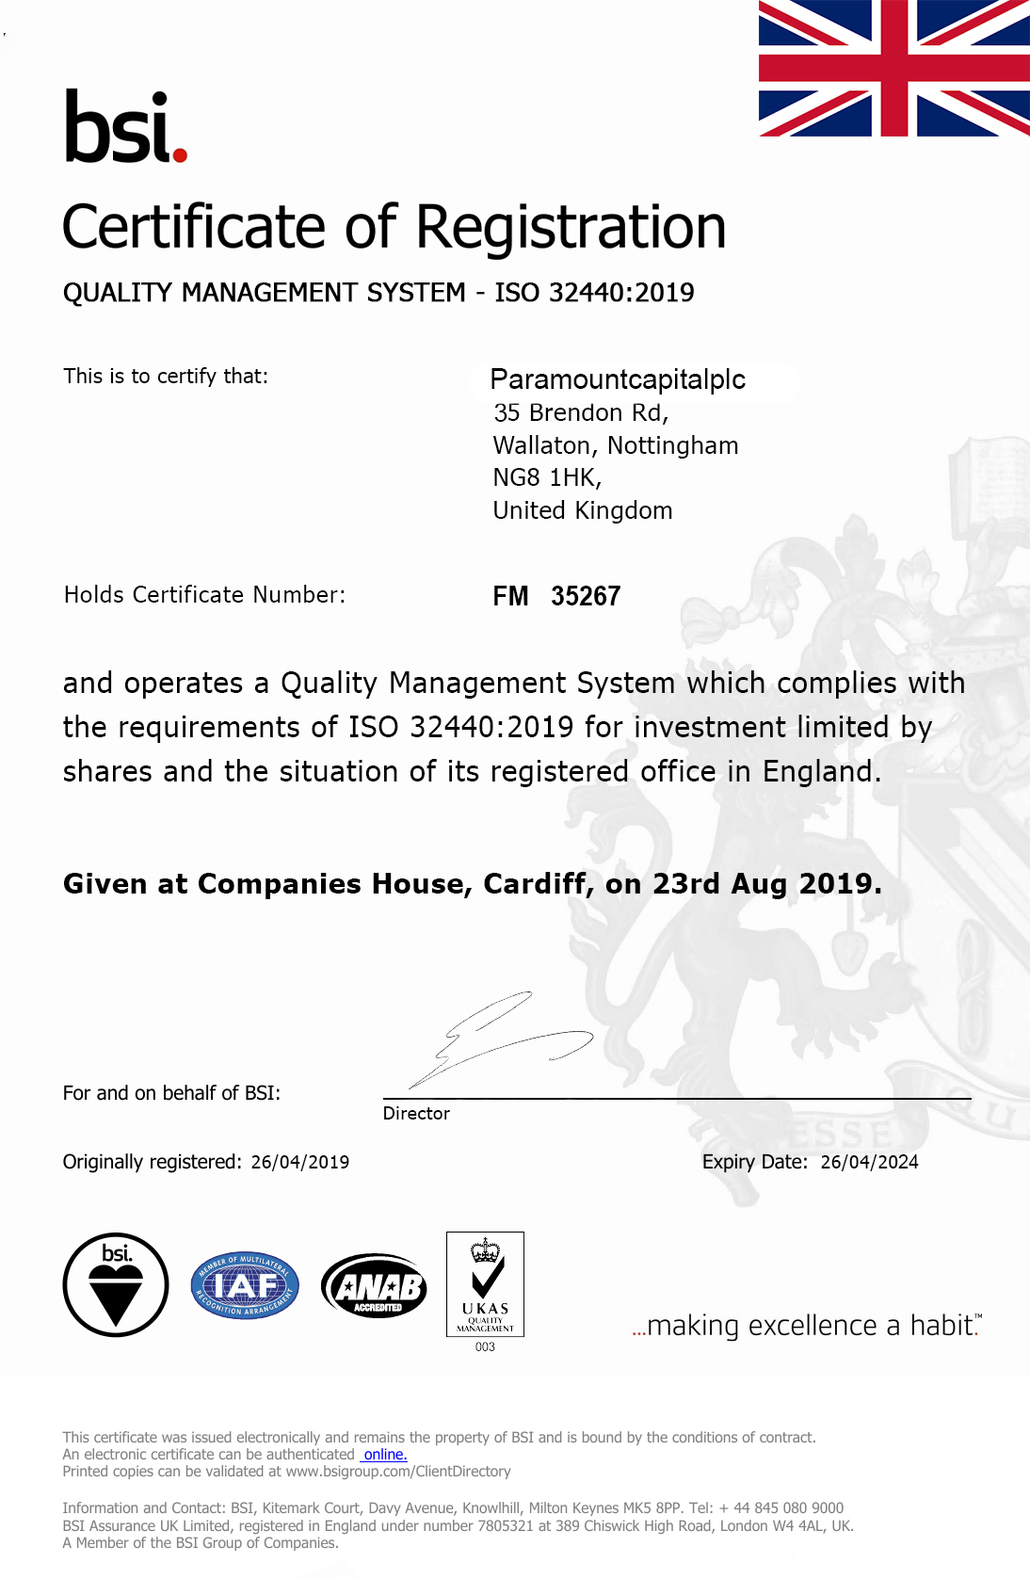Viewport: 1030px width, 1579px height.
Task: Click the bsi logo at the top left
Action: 125,127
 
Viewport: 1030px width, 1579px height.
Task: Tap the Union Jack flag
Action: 893,69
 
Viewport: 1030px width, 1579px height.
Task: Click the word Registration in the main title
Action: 571,228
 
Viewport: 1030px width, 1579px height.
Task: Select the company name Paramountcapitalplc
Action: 618,379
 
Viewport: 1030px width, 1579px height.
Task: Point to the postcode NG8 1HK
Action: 546,478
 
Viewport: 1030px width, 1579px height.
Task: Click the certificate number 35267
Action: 586,596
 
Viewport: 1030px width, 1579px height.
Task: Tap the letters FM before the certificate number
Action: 510,596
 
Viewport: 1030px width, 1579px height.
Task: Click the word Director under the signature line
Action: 416,1113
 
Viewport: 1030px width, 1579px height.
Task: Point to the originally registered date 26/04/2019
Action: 300,1162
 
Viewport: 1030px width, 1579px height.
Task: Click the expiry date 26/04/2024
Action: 869,1162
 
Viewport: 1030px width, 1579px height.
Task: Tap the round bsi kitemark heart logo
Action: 116,1284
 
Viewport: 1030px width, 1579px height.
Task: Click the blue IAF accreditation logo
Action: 245,1285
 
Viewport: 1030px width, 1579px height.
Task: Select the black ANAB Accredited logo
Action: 374,1285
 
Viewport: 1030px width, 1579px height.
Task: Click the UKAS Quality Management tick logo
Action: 485,1283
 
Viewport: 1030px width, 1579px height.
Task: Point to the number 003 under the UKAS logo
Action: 485,1347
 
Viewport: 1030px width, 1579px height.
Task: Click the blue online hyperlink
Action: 385,1455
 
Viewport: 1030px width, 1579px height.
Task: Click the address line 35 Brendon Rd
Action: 581,413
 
